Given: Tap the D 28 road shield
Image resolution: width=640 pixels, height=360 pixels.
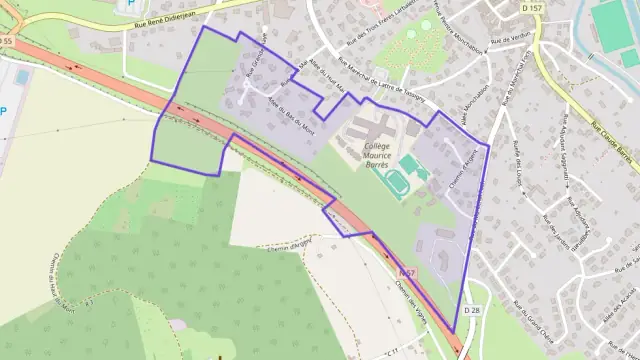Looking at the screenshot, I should pyautogui.click(x=473, y=312).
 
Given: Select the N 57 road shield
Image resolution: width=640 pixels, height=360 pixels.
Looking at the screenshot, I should pyautogui.click(x=405, y=272).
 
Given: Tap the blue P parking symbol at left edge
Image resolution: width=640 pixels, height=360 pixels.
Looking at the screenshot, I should pyautogui.click(x=3, y=111).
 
